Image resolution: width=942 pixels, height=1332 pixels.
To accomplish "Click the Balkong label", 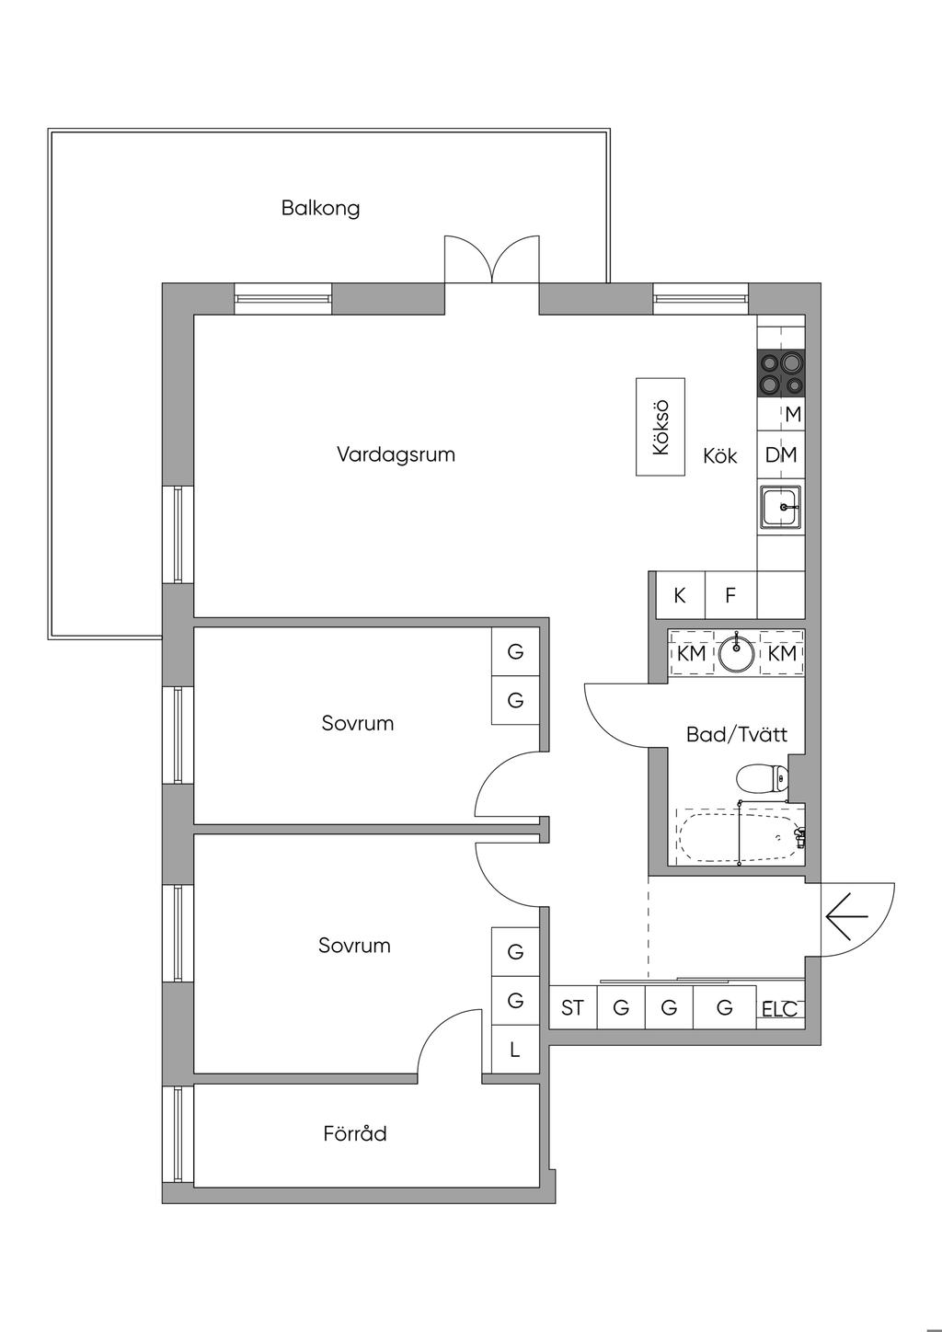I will point(320,208).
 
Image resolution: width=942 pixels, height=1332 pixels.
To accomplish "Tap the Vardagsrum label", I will point(396,454).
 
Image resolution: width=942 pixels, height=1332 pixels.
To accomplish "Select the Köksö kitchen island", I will point(661,427).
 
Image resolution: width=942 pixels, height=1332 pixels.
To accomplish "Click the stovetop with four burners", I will point(781,373).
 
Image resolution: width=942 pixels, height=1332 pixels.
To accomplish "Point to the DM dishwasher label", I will point(781,455).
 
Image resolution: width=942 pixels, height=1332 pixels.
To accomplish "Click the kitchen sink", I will point(781,507).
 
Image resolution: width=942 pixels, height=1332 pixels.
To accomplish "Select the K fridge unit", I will point(680,595).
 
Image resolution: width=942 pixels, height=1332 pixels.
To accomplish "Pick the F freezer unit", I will point(730,595).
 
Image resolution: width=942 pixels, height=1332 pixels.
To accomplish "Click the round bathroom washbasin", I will point(736,654).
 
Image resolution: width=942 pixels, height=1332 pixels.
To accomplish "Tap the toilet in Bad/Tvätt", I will point(763,779).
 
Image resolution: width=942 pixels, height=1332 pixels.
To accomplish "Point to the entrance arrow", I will point(847,917).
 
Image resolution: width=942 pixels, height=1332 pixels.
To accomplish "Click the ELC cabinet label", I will point(779,1009).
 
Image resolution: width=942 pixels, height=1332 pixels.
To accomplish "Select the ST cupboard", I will point(572,1008).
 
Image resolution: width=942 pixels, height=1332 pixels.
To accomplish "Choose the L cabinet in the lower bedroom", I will point(515,1049).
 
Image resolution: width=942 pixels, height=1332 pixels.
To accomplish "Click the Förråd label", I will point(355,1134).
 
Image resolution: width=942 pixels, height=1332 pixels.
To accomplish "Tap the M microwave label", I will point(793,415).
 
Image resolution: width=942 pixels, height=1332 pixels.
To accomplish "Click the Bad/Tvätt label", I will point(737,735).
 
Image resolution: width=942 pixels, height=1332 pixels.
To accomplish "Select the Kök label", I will point(720,456).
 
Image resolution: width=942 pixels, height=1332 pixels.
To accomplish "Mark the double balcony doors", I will point(491,260).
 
